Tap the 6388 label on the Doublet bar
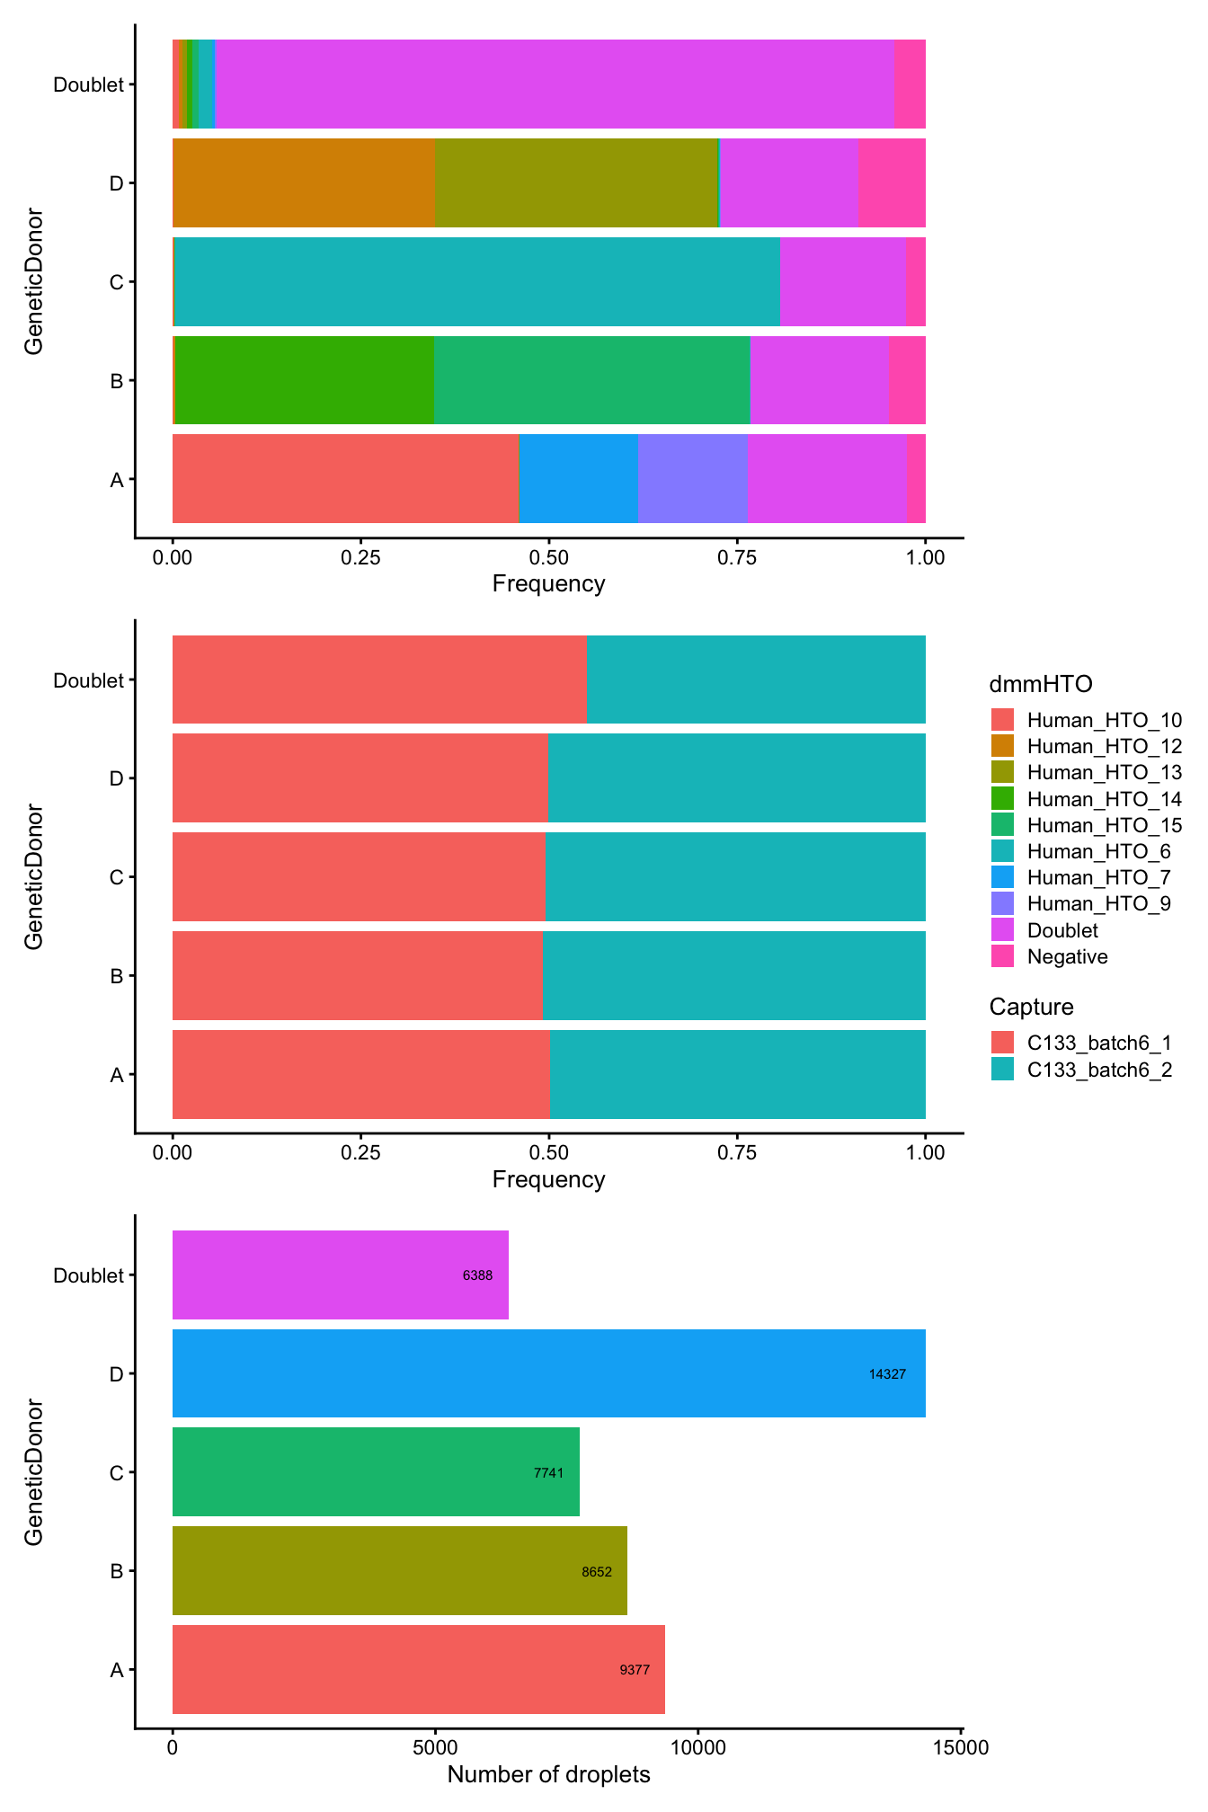pyautogui.click(x=477, y=1275)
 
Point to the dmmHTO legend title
pyautogui.click(x=1041, y=685)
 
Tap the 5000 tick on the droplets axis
pyautogui.click(x=435, y=1748)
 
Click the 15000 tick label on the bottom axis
pyautogui.click(x=961, y=1748)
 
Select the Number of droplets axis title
pyautogui.click(x=548, y=1775)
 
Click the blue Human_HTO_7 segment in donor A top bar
pyautogui.click(x=578, y=479)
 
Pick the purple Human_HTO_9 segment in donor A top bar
pyautogui.click(x=692, y=479)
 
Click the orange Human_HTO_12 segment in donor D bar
pyautogui.click(x=303, y=182)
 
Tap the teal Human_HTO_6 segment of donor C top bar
pyautogui.click(x=476, y=281)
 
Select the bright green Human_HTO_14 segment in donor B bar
pyautogui.click(x=304, y=380)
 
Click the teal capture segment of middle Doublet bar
pyautogui.click(x=756, y=679)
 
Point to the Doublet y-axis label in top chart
pyautogui.click(x=87, y=84)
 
